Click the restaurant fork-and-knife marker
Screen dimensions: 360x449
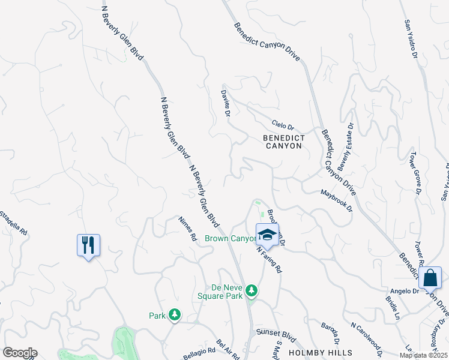click(x=88, y=245)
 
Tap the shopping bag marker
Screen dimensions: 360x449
click(x=430, y=278)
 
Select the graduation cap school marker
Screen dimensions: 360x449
click(x=267, y=234)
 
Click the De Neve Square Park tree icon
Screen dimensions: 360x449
click(x=253, y=290)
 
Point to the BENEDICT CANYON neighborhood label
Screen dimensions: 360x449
click(x=284, y=142)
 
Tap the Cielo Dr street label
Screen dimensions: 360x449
click(x=283, y=126)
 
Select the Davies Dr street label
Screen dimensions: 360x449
click(x=226, y=104)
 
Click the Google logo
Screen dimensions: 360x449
click(x=20, y=353)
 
